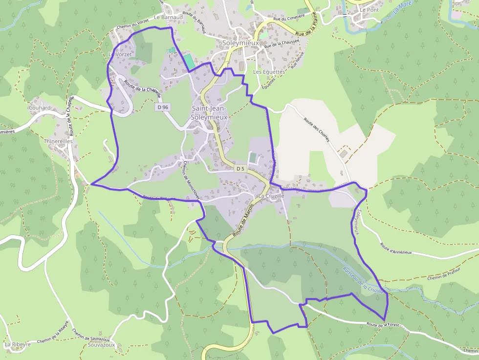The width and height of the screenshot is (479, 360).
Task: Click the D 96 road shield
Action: [163, 106]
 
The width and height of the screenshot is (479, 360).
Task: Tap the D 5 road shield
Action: [240, 169]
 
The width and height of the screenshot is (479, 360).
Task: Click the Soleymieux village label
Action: [240, 43]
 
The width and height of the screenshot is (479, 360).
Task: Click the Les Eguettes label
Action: [269, 72]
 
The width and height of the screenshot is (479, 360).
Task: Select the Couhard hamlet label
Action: [40, 108]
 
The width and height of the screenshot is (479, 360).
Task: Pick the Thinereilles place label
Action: [58, 141]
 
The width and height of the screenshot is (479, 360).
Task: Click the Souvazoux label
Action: [101, 344]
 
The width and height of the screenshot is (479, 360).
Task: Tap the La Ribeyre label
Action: [18, 344]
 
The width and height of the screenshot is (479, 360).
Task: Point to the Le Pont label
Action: [369, 10]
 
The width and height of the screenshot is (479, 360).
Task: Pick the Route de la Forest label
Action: [383, 324]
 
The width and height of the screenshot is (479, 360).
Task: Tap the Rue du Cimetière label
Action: [289, 17]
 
